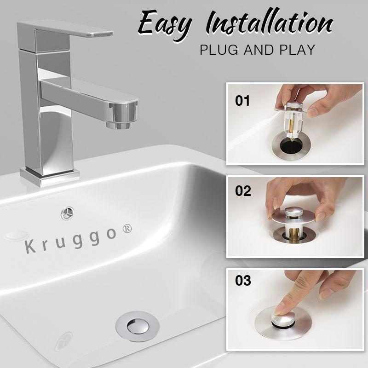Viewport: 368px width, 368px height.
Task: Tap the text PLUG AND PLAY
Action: [257, 50]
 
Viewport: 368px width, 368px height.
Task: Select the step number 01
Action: [242, 101]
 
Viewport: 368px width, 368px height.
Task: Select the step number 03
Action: [242, 281]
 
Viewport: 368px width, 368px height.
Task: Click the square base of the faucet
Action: [49, 176]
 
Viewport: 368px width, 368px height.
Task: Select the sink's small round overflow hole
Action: [67, 213]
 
